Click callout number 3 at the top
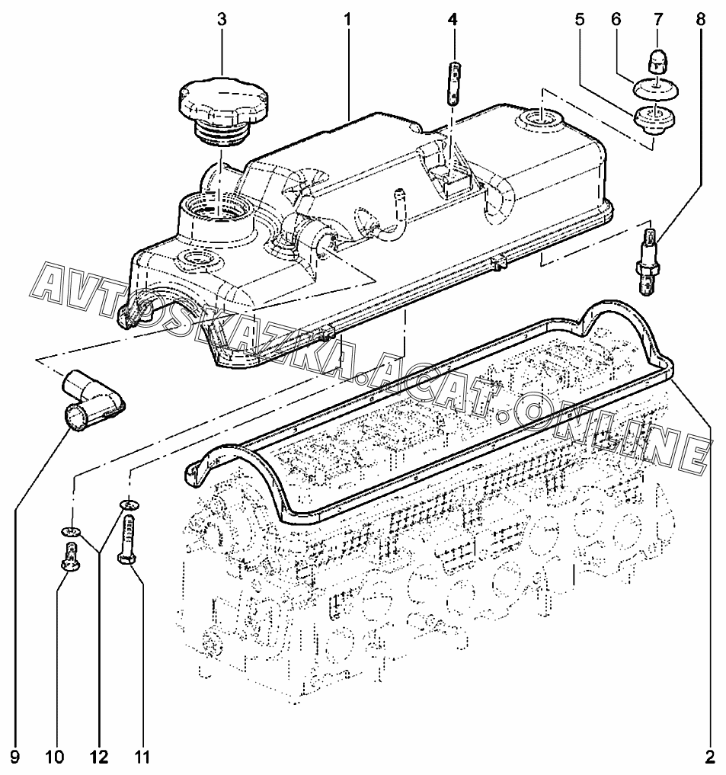coord(222,20)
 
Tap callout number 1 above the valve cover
coord(347,20)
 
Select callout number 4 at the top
coord(453,20)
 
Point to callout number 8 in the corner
coord(700,20)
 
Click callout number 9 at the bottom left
coord(14,756)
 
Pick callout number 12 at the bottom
coord(98,756)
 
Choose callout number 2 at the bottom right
coord(710,756)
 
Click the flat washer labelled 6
coord(656,89)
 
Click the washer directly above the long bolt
coord(129,504)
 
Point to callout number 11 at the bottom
coord(142,756)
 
